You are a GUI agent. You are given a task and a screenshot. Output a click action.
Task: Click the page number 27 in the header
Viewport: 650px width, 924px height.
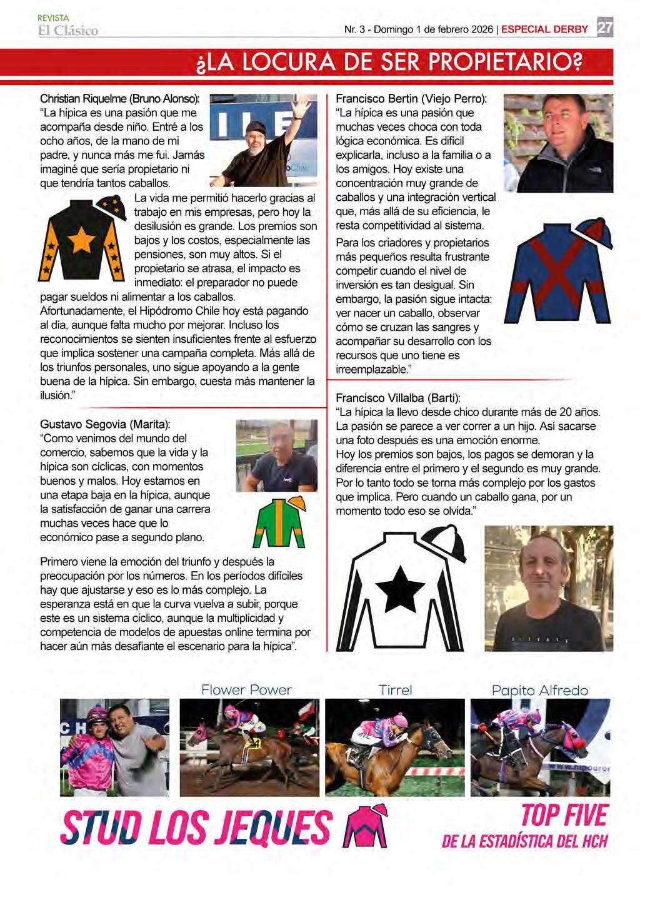pos(604,29)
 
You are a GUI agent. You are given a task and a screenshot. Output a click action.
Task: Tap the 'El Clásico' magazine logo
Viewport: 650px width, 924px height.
pos(68,31)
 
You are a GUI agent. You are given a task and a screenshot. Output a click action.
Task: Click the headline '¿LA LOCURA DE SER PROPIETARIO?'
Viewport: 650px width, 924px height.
pos(389,63)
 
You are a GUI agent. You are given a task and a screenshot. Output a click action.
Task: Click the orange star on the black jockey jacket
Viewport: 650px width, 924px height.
pos(81,240)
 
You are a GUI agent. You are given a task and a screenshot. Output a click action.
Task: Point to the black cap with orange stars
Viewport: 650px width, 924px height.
pos(110,205)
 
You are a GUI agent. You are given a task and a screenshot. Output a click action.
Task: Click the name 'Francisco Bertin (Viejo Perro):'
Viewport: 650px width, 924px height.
pos(411,99)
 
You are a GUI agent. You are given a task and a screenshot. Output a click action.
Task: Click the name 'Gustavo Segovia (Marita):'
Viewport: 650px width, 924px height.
pos(105,424)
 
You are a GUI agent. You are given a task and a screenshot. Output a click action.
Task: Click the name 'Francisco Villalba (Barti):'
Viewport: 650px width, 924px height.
pos(398,398)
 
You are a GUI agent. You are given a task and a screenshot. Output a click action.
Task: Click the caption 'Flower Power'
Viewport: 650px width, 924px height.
pos(246,690)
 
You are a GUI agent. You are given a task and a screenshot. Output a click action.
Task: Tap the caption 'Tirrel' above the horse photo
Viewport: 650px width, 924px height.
pos(395,690)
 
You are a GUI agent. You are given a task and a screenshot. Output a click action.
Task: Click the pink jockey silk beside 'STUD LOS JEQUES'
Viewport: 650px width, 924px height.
pos(366,826)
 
